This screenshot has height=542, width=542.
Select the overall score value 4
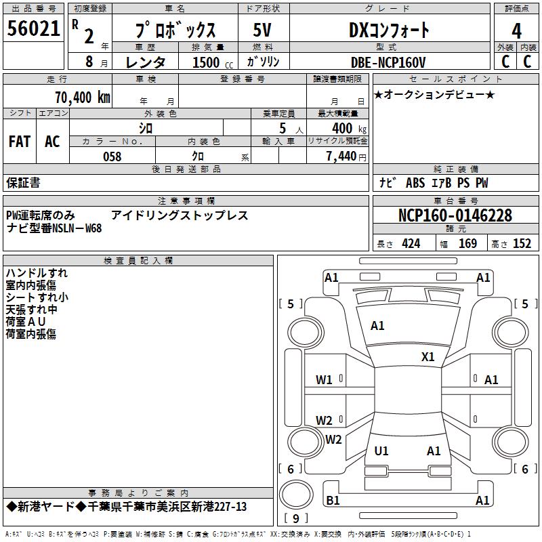516,30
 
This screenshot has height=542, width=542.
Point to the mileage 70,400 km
80,97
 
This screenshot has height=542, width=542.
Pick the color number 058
112,157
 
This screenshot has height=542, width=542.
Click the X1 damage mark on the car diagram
428,357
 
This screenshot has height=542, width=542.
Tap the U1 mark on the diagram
381,451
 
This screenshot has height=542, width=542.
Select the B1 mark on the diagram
333,500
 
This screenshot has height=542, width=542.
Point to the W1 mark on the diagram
324,380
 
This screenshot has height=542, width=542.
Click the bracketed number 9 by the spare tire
295,518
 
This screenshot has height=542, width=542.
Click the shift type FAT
20,142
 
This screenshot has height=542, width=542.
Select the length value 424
411,243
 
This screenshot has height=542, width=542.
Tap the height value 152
522,243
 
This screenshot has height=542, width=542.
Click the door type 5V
262,30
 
